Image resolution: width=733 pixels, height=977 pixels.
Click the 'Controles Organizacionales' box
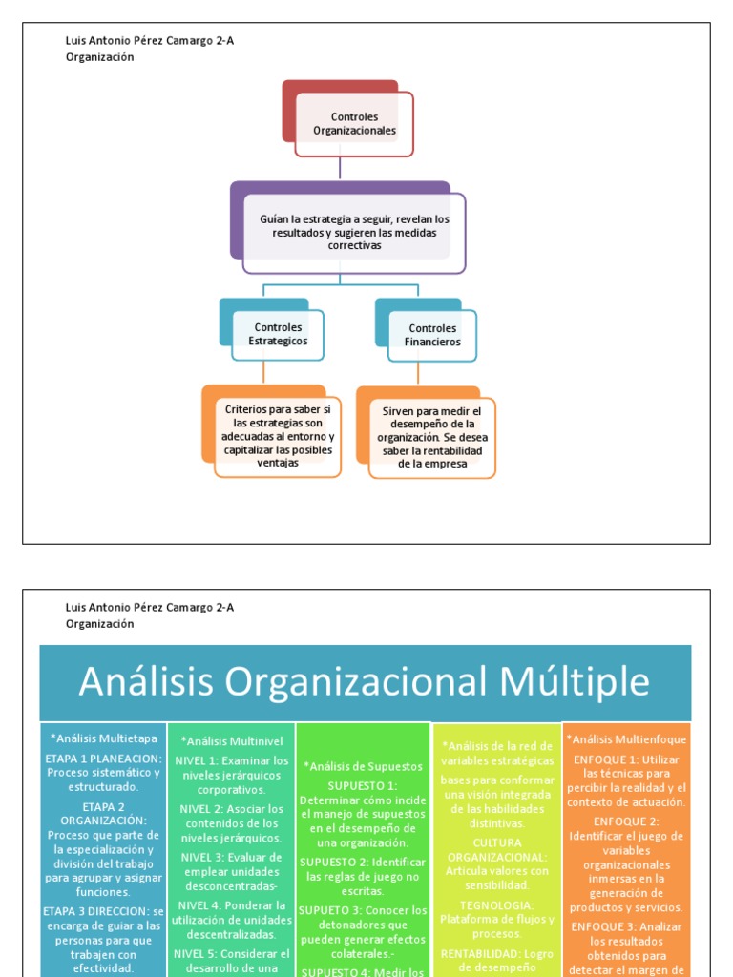(354, 124)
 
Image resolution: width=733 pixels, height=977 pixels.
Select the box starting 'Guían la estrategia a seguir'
(354, 233)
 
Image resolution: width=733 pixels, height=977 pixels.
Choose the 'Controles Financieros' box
(432, 335)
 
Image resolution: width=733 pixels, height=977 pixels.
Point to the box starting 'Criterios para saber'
(278, 436)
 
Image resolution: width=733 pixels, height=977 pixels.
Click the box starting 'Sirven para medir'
(432, 437)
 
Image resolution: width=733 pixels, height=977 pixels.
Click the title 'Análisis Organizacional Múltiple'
(364, 682)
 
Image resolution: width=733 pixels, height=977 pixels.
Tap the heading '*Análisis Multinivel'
(231, 740)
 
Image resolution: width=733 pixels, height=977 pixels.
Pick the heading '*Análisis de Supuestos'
(363, 765)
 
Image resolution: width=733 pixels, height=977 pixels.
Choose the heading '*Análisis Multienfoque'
(626, 738)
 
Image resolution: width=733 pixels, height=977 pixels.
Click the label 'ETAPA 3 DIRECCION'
(96, 911)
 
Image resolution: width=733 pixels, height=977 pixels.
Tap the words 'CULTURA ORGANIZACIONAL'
(496, 850)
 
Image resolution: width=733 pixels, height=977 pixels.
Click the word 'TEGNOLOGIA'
(496, 904)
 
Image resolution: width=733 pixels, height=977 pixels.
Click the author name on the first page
(149, 40)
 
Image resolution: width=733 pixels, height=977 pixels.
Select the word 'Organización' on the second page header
(99, 623)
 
